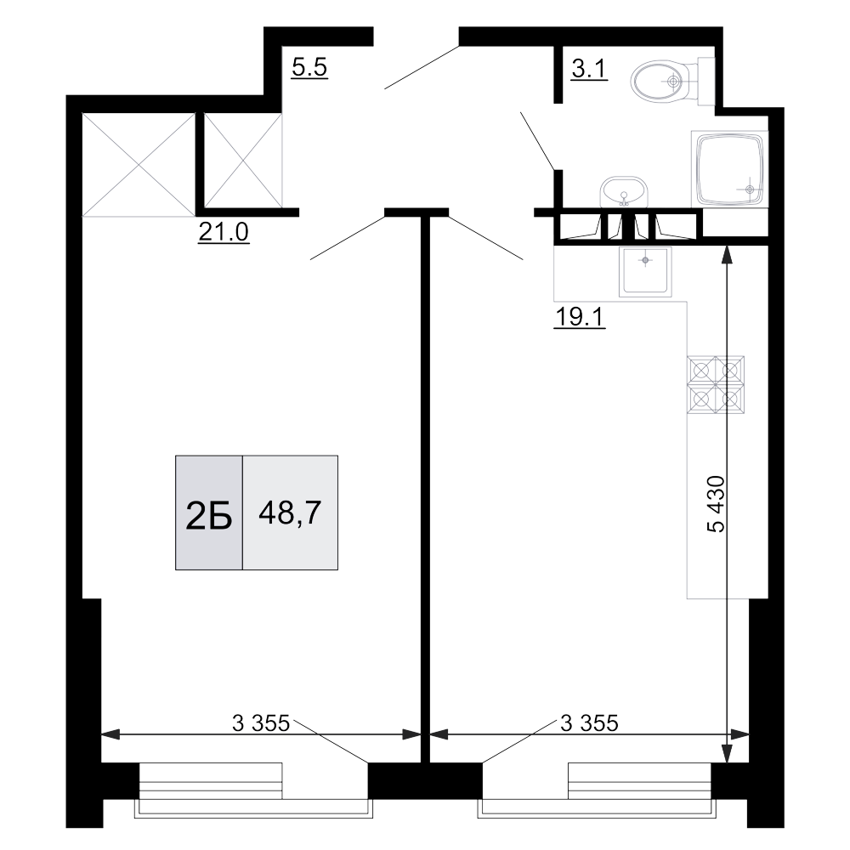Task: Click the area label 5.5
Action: pos(309,67)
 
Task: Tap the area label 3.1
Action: pos(587,69)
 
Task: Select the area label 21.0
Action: pos(223,232)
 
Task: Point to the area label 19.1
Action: pos(579,317)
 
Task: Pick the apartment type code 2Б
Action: pos(209,514)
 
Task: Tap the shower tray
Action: pos(730,168)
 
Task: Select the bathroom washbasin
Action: pos(623,192)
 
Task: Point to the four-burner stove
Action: pos(716,384)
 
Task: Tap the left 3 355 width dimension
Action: pos(262,723)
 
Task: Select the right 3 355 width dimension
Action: pos(588,723)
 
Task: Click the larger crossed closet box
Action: pos(139,164)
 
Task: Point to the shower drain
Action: pos(750,189)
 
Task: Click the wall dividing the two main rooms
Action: pos(425,476)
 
